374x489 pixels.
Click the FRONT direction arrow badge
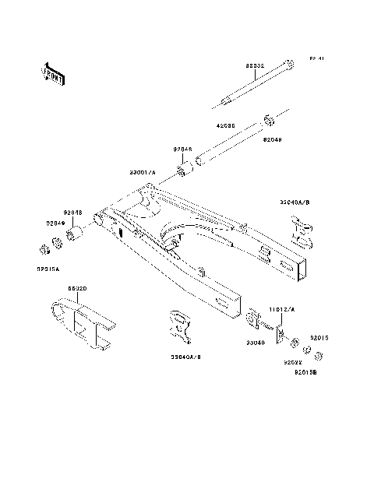[49, 72]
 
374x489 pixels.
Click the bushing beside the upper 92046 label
[186, 169]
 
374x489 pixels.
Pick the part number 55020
[76, 287]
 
